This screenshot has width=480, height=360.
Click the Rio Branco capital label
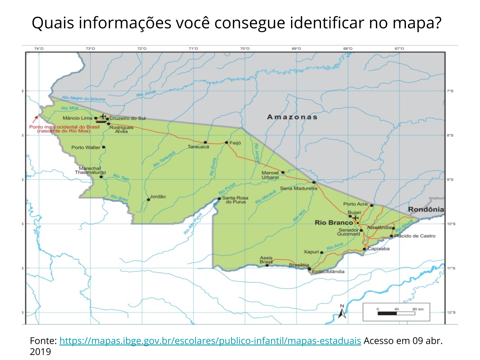(x=334, y=223)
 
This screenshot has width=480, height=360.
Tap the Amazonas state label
(x=292, y=117)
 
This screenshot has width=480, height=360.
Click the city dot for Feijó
(x=226, y=142)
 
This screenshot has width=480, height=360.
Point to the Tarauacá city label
(x=198, y=147)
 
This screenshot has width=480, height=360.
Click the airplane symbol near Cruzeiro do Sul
(x=103, y=116)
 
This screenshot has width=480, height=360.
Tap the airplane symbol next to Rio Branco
(x=355, y=217)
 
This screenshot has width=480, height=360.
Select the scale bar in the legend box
(x=396, y=313)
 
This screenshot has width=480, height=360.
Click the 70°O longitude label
(x=245, y=49)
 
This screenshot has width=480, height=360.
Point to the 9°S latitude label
(x=450, y=180)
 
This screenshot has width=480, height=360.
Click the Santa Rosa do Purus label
(x=235, y=200)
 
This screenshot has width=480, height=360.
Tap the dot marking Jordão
(x=148, y=199)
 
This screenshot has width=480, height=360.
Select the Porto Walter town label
(x=86, y=147)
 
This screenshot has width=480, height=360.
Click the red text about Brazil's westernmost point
(x=64, y=129)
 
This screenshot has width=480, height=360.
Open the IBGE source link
(x=210, y=341)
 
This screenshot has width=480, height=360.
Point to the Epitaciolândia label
(x=328, y=271)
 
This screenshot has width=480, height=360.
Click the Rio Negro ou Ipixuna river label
(x=83, y=98)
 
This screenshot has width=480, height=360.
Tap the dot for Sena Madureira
(x=314, y=182)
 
